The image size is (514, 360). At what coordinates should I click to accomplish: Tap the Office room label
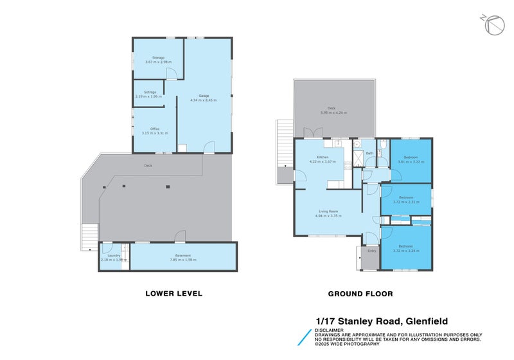154,129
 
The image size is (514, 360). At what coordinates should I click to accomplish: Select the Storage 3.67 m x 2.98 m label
158,58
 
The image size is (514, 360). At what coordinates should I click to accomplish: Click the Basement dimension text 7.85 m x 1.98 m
182,260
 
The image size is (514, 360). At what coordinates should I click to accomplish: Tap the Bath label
369,153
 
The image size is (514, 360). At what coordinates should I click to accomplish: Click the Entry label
371,250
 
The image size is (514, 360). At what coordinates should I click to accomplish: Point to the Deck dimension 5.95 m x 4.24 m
333,113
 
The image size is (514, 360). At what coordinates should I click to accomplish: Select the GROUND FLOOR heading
360,293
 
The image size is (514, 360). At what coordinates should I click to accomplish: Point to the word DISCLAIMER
328,329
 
